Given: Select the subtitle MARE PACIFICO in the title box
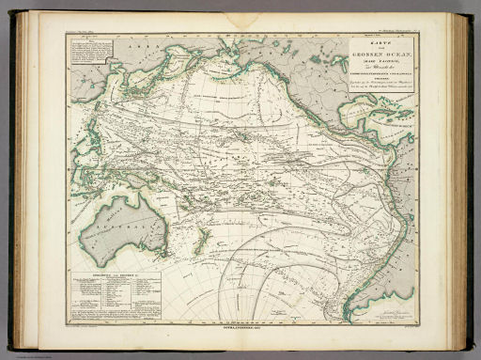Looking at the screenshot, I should tap(383, 60).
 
